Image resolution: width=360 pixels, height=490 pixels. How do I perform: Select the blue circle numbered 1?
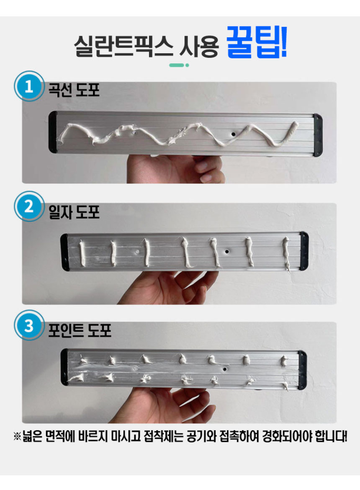click(28, 87)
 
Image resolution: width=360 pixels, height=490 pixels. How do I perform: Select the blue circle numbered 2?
click(28, 206)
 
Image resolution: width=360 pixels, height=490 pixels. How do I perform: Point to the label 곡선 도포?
click(74, 90)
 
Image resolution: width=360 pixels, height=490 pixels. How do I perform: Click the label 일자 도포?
click(74, 212)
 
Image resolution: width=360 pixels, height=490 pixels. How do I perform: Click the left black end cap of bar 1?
click(53, 132)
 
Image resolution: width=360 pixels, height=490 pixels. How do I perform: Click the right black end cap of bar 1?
click(318, 135)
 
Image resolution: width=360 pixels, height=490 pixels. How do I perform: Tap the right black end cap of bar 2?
click(304, 250)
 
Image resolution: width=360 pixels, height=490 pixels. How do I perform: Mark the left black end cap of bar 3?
click(64, 366)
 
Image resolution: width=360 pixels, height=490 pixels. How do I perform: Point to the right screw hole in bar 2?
click(226, 252)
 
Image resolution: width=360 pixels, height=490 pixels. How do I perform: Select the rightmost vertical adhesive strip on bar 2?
click(286, 253)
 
